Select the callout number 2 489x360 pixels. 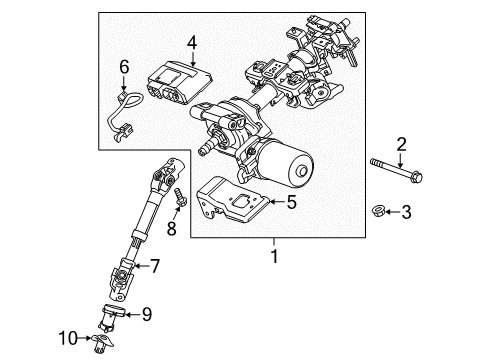401,146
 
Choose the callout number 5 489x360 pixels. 291,202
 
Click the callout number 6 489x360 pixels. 125,66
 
